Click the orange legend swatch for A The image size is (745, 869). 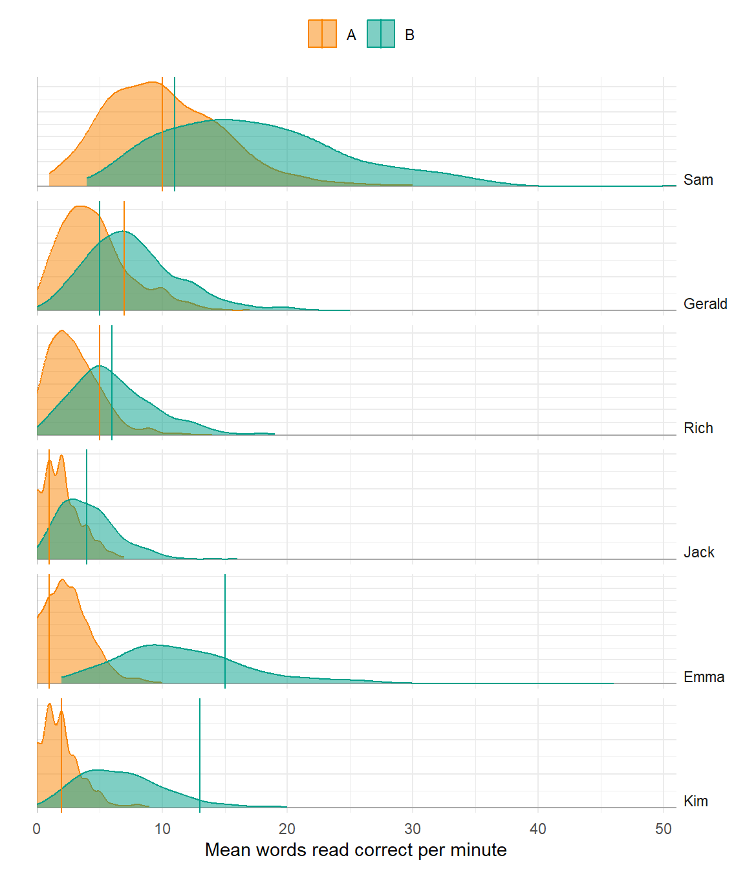coord(322,34)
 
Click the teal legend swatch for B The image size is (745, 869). coord(381,34)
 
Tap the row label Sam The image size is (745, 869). coord(698,180)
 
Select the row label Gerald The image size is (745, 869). coord(705,304)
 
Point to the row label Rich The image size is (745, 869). coord(698,428)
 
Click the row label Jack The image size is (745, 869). coord(698,552)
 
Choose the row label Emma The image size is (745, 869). coord(704,677)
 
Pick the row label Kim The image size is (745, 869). coord(695,801)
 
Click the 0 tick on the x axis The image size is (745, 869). coord(37,829)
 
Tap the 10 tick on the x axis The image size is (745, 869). coord(162,829)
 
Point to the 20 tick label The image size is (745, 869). coord(287,829)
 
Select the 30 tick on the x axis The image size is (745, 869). coord(413,829)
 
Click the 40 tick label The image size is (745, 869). coord(538,829)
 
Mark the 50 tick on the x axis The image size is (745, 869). coord(664,829)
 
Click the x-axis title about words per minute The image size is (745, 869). coord(356,850)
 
